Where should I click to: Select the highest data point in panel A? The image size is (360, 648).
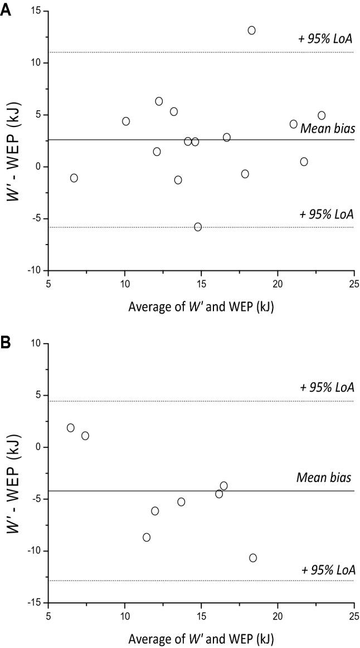click(x=251, y=30)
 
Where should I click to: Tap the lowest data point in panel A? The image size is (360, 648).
click(x=198, y=227)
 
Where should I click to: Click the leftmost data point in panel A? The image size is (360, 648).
click(x=74, y=178)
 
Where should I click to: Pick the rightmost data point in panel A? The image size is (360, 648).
click(x=322, y=115)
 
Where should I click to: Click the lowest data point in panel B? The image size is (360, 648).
click(x=253, y=558)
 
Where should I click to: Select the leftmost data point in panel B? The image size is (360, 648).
click(x=71, y=428)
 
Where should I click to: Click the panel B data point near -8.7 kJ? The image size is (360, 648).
click(x=147, y=537)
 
